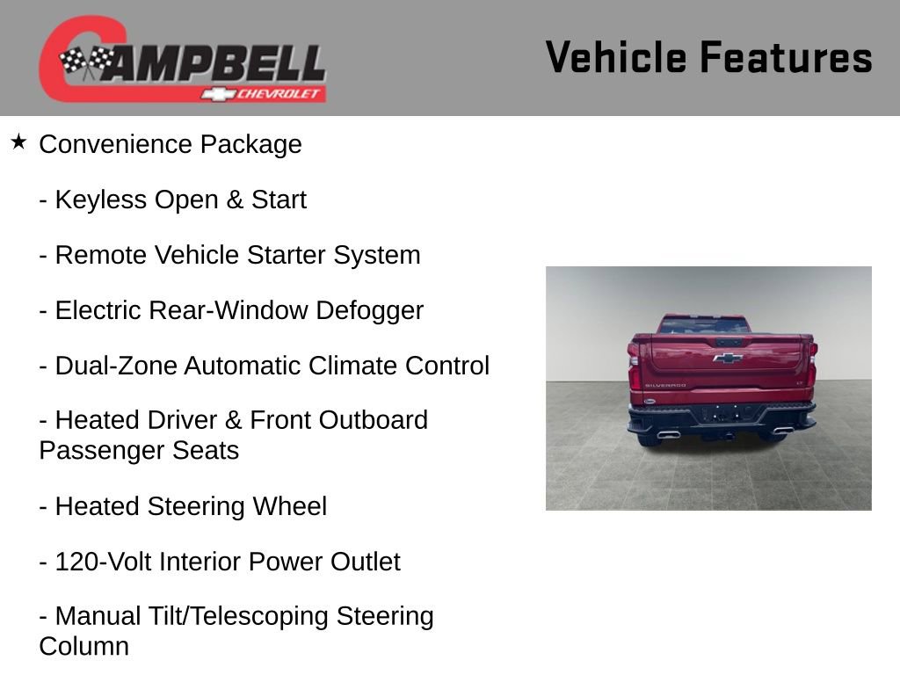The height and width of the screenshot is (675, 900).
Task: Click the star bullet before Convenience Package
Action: tap(18, 142)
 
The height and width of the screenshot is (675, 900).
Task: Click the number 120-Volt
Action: tap(103, 562)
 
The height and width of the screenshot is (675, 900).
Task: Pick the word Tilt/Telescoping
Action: tap(259, 617)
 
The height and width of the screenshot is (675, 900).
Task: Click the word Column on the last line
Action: tap(83, 647)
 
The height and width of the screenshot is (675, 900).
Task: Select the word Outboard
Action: tap(373, 421)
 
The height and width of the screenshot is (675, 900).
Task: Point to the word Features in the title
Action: tap(786, 58)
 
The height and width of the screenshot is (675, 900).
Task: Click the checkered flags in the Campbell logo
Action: tap(86, 61)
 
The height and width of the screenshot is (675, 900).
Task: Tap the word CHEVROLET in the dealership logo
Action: tap(279, 94)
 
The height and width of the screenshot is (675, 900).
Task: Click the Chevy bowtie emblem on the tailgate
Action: tap(727, 358)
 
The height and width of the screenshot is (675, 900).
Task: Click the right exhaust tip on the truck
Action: tap(783, 430)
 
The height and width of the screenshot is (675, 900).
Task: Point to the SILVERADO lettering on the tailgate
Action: tap(664, 386)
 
